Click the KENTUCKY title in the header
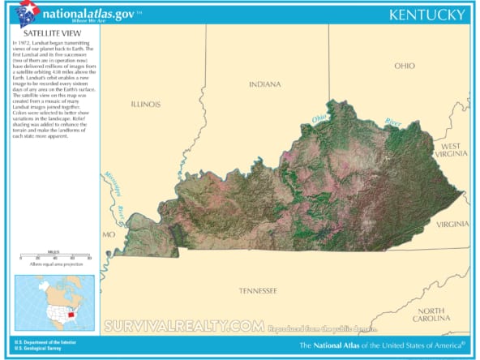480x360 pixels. click(x=427, y=15)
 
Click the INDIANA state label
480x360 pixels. click(x=264, y=84)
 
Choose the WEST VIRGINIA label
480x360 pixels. click(x=451, y=148)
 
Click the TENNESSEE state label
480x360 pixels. click(x=258, y=290)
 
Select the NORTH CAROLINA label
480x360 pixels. click(x=430, y=315)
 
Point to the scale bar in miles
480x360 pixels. click(x=55, y=256)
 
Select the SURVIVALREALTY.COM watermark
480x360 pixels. click(x=184, y=326)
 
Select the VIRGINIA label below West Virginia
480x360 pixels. click(x=452, y=224)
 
